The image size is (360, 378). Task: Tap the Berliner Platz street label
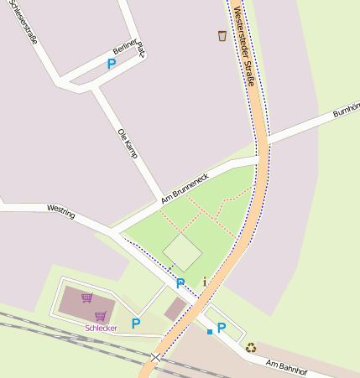[x=130, y=52]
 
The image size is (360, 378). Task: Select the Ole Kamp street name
[x=128, y=143]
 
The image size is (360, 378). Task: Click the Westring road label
[x=61, y=211]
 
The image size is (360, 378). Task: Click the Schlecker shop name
[x=101, y=328]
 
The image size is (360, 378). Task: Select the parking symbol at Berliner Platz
[x=112, y=64]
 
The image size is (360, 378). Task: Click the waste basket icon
[x=222, y=36]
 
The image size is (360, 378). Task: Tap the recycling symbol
[x=251, y=347]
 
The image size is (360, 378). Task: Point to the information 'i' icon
[x=204, y=282]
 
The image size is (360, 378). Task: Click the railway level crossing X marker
[x=155, y=357]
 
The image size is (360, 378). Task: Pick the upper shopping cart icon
[x=86, y=298]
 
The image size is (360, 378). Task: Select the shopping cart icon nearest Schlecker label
[x=101, y=316]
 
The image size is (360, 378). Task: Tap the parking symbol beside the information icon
[x=180, y=284]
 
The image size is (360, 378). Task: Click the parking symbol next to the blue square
[x=222, y=328]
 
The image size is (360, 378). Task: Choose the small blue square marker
[x=209, y=332]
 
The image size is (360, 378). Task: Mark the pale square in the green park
[x=182, y=251]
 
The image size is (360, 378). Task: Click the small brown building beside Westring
[x=175, y=309]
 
